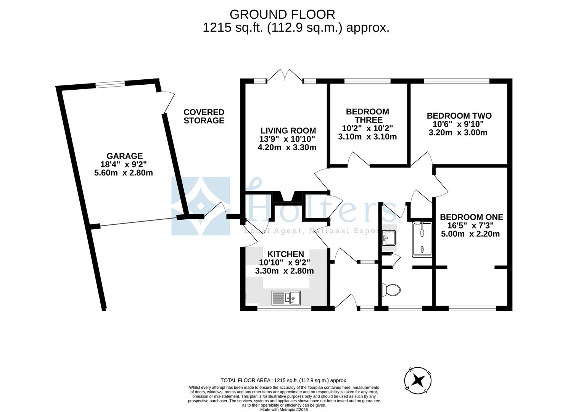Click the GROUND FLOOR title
click(282, 14)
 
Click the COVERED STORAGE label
click(204, 116)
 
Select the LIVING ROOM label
click(288, 130)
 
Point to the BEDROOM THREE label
click(367, 116)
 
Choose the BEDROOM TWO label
click(459, 116)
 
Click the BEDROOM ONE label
click(471, 217)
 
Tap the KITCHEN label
click(285, 254)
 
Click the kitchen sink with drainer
click(286, 297)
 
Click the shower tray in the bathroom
click(422, 239)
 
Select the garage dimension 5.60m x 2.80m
click(123, 173)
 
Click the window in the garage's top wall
click(110, 85)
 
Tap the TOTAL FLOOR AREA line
click(284, 380)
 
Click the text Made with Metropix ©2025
click(284, 409)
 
